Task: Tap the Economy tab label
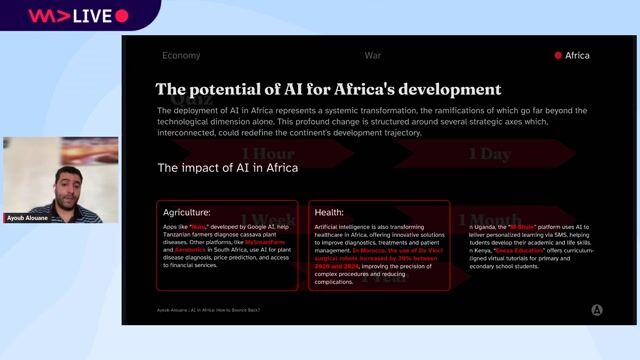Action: click(181, 56)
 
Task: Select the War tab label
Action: click(373, 56)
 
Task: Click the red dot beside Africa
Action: click(558, 56)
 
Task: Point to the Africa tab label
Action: click(577, 56)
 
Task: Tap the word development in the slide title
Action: click(443, 89)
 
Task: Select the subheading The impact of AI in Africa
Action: click(228, 167)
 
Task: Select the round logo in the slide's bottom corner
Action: click(597, 310)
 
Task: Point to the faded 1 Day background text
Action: click(489, 154)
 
